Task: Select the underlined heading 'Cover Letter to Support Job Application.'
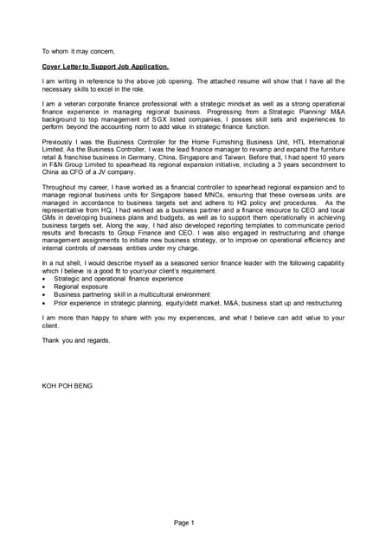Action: tap(106, 66)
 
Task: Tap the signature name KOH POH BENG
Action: tap(67, 385)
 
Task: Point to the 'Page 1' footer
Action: tap(183, 523)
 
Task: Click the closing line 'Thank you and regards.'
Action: tap(76, 340)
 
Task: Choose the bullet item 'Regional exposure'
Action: tap(80, 287)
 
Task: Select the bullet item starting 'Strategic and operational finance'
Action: tap(118, 279)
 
